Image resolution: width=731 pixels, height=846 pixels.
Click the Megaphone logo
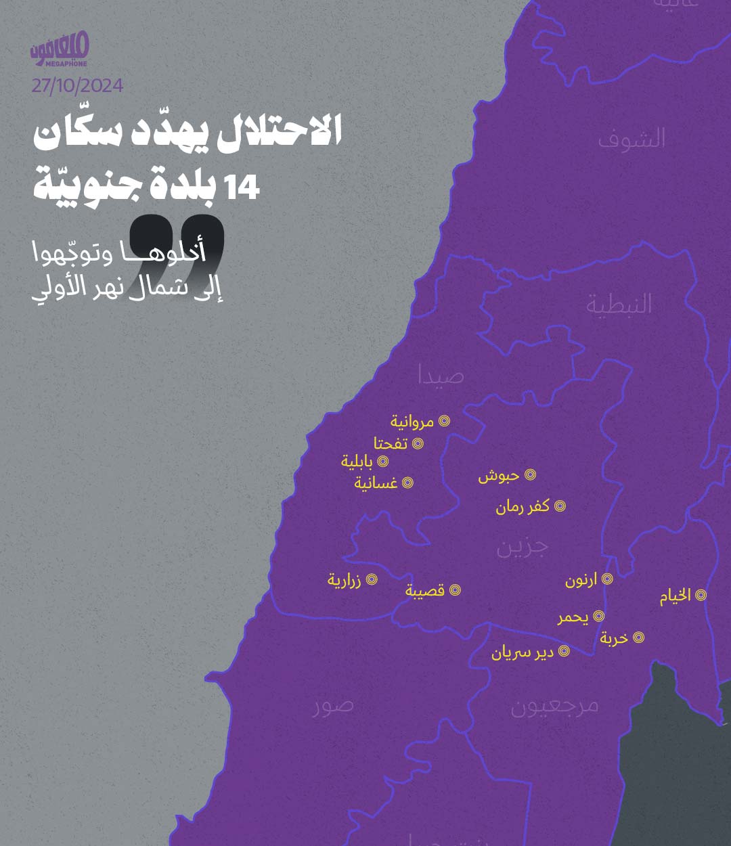point(60,51)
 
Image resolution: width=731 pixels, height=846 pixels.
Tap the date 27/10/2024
point(77,86)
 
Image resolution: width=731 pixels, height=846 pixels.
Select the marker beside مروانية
point(444,421)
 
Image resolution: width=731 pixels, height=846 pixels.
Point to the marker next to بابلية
point(382,462)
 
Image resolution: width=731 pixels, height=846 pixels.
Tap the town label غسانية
point(376,483)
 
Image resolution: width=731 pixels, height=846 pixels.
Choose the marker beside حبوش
point(531,475)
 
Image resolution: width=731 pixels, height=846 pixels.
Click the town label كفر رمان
point(522,506)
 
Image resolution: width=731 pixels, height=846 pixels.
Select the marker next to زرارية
point(371,580)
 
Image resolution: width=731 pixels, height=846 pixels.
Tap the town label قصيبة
point(425,590)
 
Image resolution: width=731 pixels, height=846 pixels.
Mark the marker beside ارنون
point(607,579)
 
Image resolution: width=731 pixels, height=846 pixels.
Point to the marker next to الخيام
point(701,596)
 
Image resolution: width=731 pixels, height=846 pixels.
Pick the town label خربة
point(614,638)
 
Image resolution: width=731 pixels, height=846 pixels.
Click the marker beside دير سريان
point(564,652)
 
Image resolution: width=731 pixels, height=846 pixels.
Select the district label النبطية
point(619,305)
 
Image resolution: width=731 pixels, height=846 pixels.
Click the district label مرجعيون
point(554,705)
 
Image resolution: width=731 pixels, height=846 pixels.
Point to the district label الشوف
point(632,139)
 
